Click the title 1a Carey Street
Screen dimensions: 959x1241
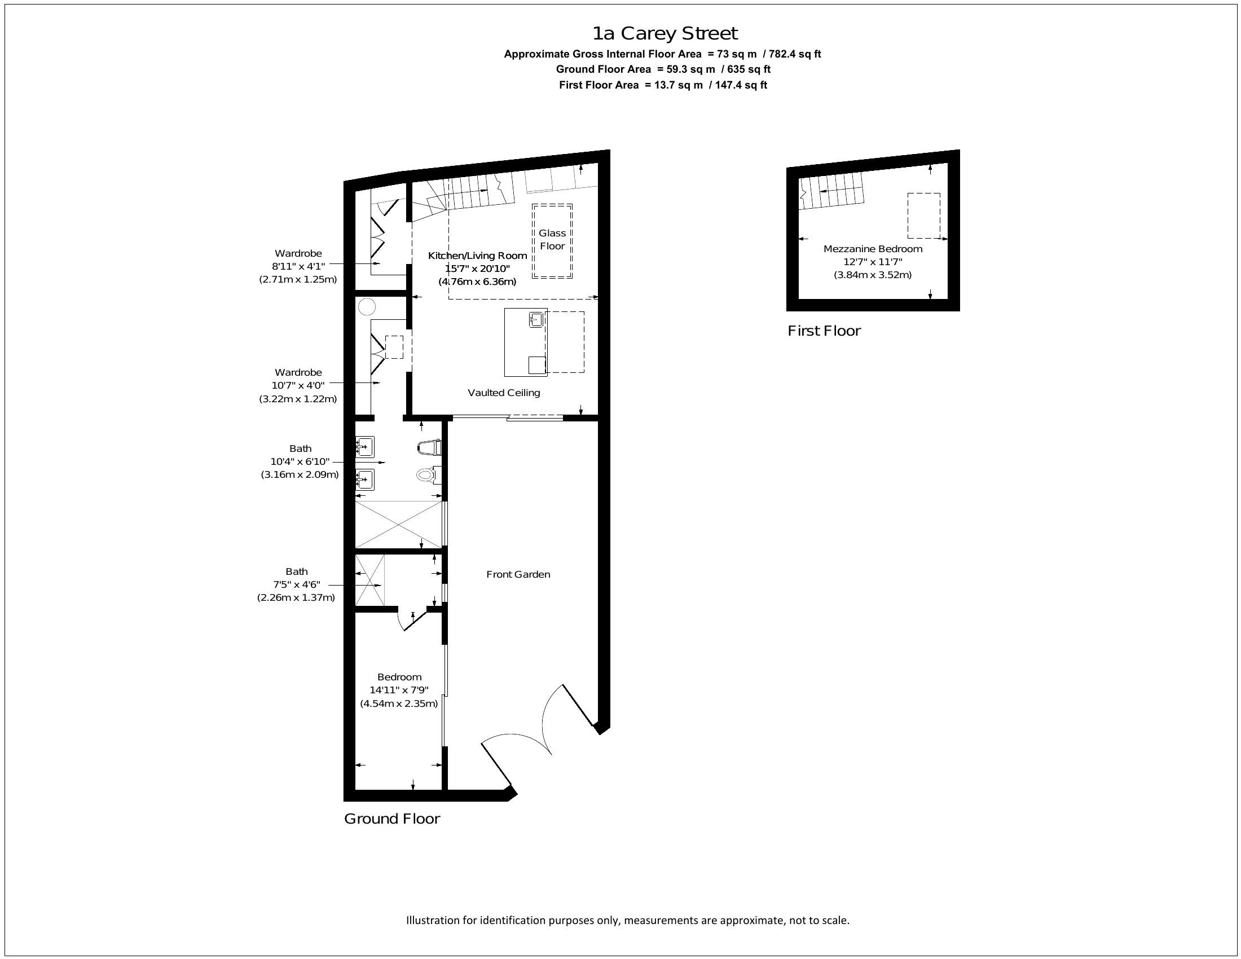[x=665, y=33]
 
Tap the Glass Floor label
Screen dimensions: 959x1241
[x=552, y=239]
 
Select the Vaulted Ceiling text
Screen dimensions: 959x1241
[x=503, y=393]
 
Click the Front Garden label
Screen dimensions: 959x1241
[x=518, y=574]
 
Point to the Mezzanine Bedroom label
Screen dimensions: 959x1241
[x=873, y=249]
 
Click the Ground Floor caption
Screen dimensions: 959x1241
[x=392, y=819]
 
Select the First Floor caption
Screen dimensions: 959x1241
[x=824, y=331]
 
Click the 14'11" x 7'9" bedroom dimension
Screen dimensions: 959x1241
[x=399, y=690]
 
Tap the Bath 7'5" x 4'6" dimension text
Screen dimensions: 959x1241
[x=296, y=584]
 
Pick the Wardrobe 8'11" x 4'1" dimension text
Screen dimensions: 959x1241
[x=298, y=266]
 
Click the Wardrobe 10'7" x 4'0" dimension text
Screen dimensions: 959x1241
[x=298, y=385]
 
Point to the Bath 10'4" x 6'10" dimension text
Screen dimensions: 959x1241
[x=300, y=461]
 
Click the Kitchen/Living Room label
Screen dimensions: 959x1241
[x=477, y=256]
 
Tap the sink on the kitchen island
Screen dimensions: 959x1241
[x=536, y=320]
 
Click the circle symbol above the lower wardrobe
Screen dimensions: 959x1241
[x=367, y=307]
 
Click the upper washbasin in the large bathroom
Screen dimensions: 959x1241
[x=365, y=447]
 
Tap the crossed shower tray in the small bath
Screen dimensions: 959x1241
[x=370, y=580]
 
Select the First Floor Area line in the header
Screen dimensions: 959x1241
[x=663, y=85]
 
